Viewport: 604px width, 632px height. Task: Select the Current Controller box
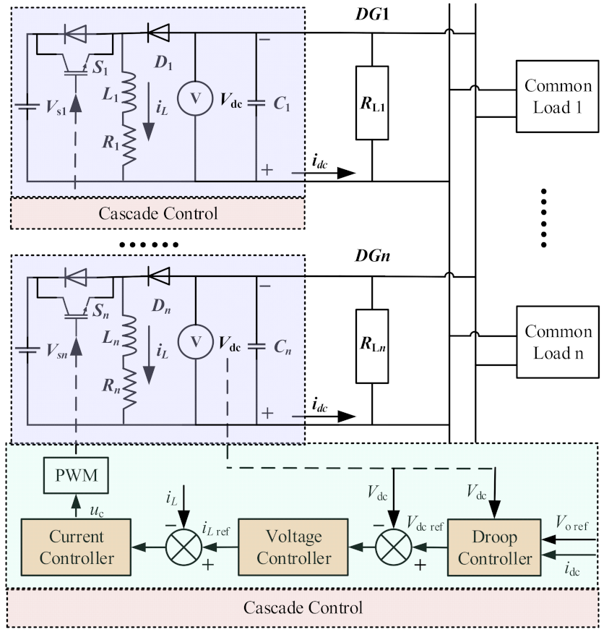(78, 548)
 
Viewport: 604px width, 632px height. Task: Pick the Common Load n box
(558, 342)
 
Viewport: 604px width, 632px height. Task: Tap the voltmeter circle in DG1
(194, 102)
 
